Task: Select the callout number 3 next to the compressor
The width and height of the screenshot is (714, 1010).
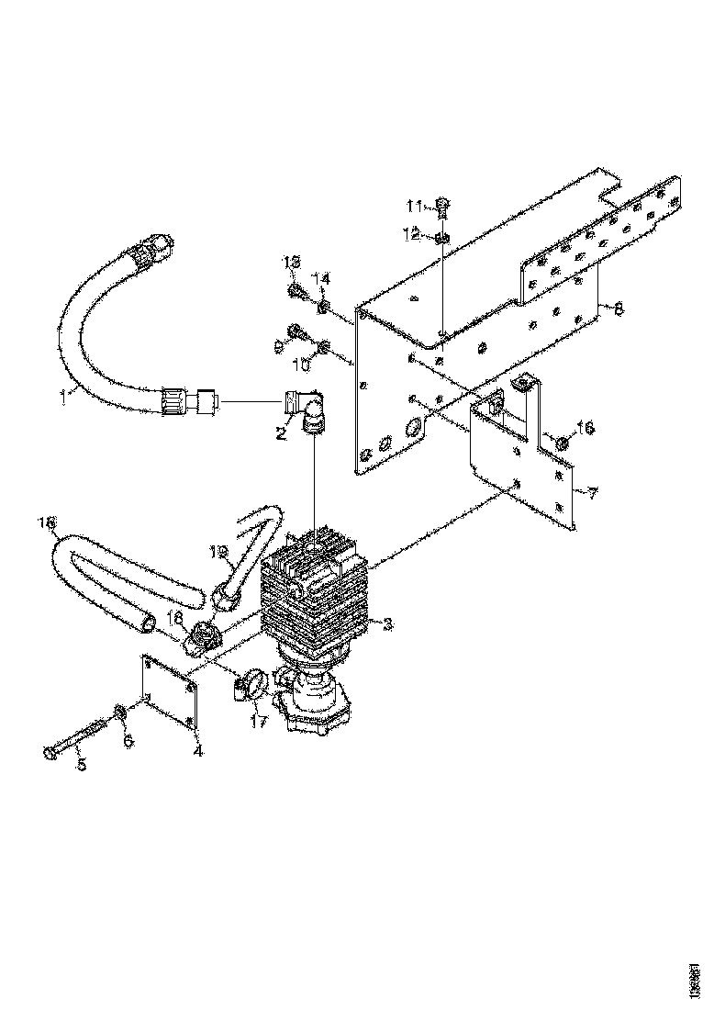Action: pyautogui.click(x=389, y=624)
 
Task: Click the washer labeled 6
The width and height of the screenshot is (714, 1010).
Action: pyautogui.click(x=120, y=713)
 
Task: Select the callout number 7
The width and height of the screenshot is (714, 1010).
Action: pyautogui.click(x=593, y=494)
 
